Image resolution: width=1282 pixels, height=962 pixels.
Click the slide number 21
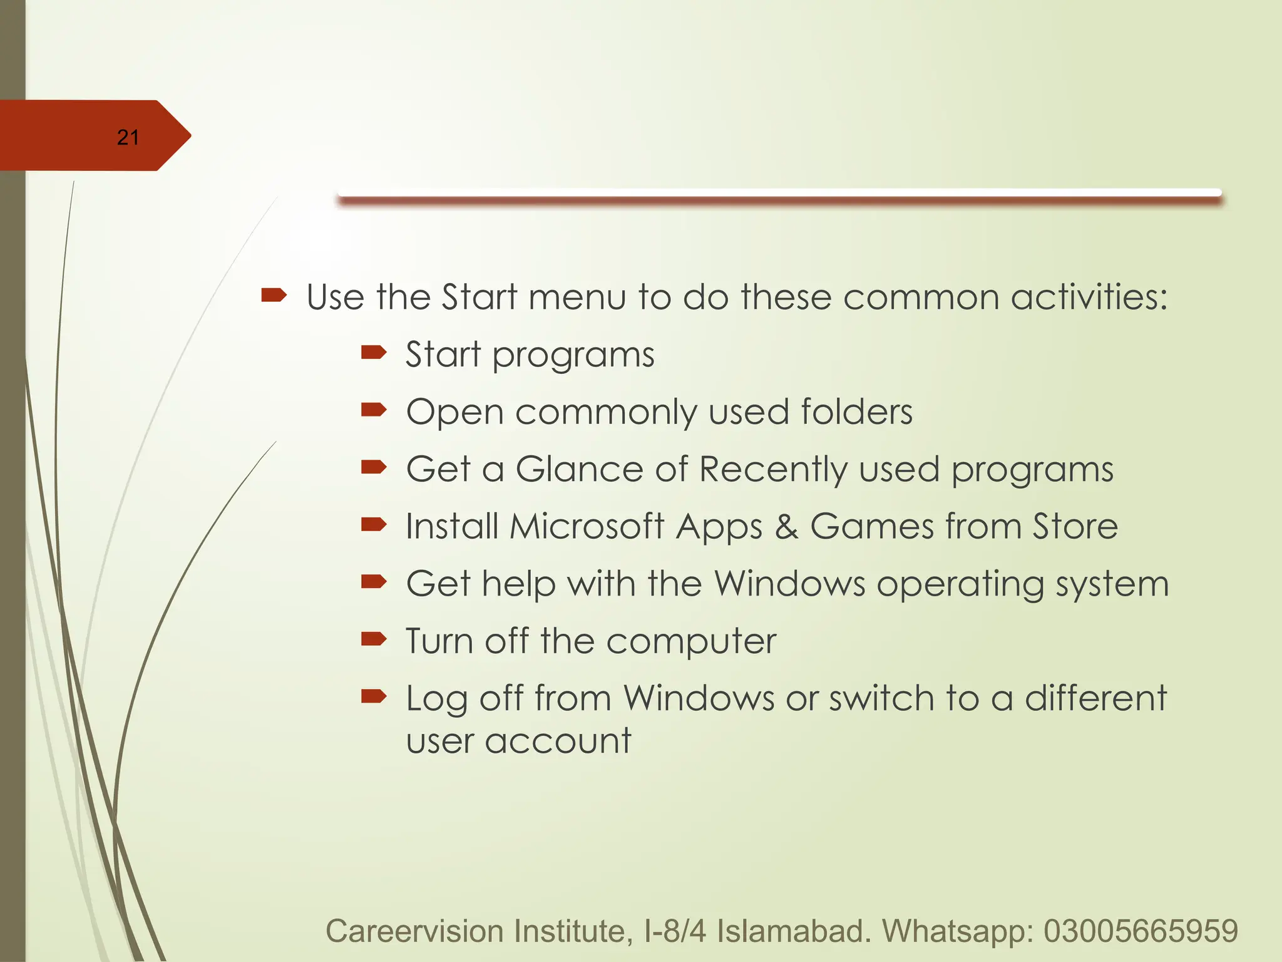tap(128, 137)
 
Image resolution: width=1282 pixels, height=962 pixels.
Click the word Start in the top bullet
tap(479, 297)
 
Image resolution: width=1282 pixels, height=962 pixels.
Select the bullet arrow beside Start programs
tap(374, 353)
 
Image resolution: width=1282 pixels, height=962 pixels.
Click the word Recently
tap(773, 470)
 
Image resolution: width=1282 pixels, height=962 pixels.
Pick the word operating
tap(960, 584)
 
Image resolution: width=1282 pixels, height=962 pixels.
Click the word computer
tap(691, 641)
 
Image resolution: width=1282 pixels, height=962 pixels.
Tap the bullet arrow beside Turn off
tap(374, 639)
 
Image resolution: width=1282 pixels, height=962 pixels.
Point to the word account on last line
tap(558, 741)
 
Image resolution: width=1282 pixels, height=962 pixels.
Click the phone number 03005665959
tap(1141, 931)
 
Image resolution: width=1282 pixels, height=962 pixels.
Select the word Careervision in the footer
tap(414, 931)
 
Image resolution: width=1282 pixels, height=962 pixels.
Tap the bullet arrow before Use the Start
tap(274, 295)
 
